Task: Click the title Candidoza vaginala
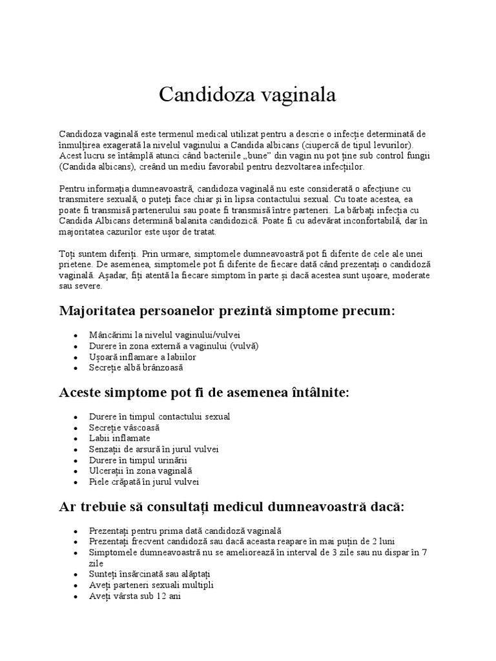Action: coord(248,95)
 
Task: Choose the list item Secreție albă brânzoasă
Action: coord(136,367)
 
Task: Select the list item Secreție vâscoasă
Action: coord(124,427)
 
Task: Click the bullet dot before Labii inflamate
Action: coord(76,439)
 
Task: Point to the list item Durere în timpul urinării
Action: coord(138,460)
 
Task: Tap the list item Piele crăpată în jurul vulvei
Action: coord(144,482)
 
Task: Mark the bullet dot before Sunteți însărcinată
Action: coord(76,575)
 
